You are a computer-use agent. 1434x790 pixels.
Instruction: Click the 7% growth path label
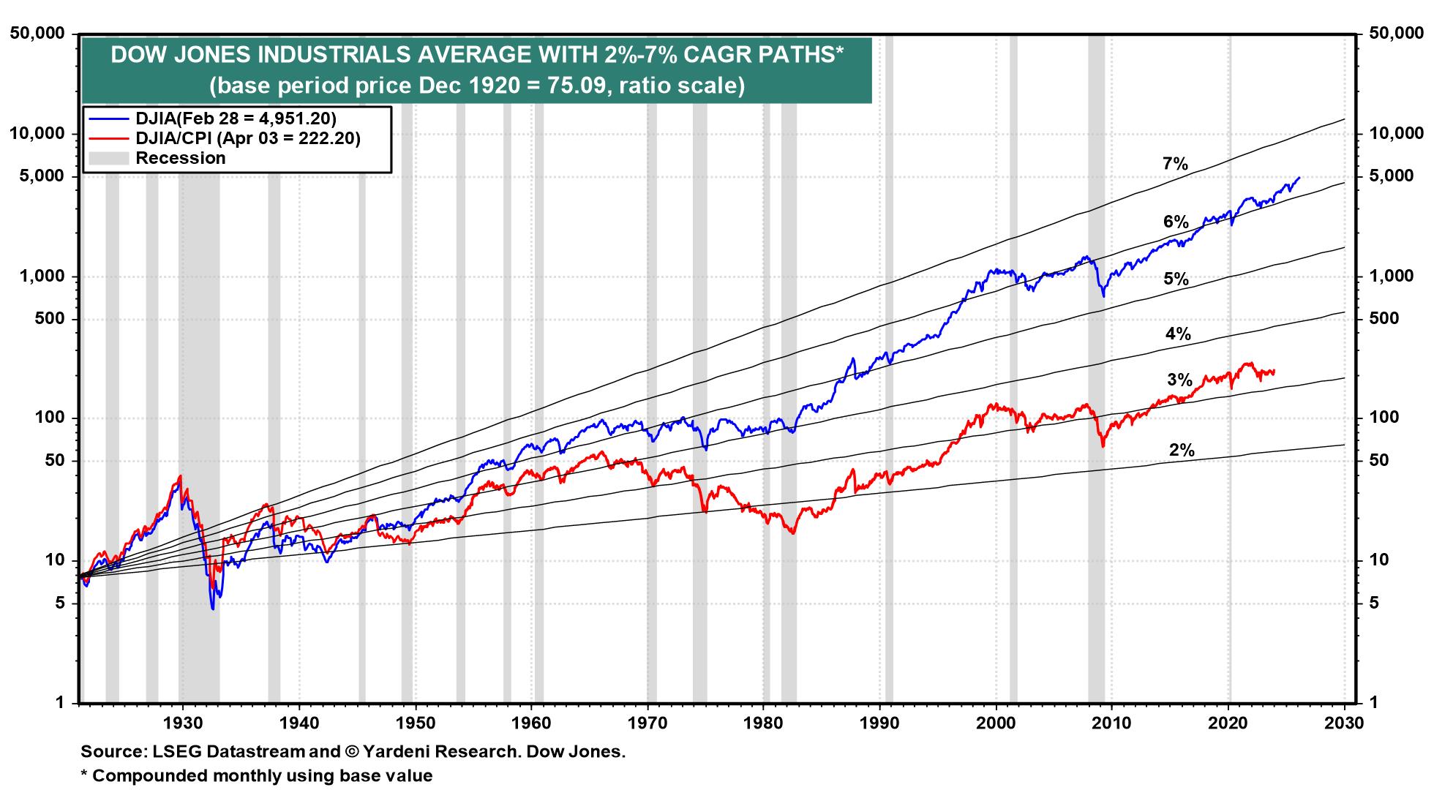pos(1175,165)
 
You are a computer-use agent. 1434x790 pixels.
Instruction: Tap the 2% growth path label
pos(1182,451)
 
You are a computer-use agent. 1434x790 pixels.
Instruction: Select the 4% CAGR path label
pos(1178,334)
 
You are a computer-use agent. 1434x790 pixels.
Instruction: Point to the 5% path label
pos(1176,279)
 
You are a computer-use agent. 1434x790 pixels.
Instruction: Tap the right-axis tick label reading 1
pos(1374,703)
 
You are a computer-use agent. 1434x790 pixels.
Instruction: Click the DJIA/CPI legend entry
pos(247,138)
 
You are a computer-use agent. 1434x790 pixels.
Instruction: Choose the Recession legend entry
pos(181,158)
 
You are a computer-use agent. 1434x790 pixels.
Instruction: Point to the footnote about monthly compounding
pos(257,775)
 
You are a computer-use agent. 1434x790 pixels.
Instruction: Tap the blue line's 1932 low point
pos(212,609)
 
